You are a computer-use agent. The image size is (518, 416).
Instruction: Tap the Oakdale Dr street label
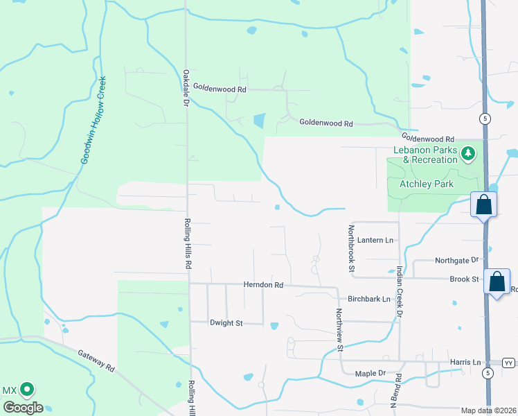click(x=186, y=87)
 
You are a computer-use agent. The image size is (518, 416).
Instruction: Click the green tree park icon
click(x=468, y=153)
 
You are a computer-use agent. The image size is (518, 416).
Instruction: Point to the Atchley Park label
click(x=426, y=184)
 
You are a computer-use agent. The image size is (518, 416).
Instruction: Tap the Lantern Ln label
click(x=375, y=240)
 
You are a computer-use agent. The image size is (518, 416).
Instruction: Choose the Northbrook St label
click(x=352, y=248)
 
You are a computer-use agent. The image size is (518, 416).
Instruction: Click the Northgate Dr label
click(x=456, y=261)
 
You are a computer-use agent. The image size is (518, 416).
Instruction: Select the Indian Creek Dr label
click(x=400, y=292)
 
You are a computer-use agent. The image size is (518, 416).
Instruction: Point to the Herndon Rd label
click(x=263, y=285)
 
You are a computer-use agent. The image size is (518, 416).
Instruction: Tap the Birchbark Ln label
click(x=369, y=300)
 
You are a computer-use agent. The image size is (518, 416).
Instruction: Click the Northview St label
click(x=339, y=330)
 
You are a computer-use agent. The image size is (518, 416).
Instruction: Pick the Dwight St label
click(x=226, y=323)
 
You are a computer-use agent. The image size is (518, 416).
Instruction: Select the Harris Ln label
click(x=465, y=362)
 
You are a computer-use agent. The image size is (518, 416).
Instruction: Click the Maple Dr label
click(x=370, y=374)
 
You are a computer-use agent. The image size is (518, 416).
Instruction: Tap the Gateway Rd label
click(x=96, y=359)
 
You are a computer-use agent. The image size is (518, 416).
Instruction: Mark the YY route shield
click(x=509, y=363)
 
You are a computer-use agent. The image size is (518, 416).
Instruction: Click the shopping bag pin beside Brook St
click(x=497, y=281)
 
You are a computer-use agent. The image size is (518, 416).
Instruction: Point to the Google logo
click(x=22, y=408)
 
